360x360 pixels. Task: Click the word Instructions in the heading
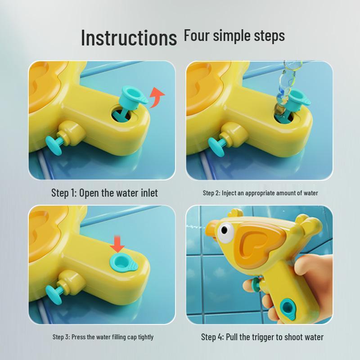click(129, 38)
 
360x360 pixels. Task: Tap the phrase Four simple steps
click(234, 36)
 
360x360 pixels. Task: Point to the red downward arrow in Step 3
click(117, 244)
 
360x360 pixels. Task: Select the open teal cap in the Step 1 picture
click(132, 96)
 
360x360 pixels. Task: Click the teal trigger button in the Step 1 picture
click(54, 145)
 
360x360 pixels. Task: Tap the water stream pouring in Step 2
click(287, 85)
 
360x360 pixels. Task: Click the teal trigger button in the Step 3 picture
click(54, 294)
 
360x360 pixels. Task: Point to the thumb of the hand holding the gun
click(315, 267)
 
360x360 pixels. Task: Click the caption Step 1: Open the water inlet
click(104, 193)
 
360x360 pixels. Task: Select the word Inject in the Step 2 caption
click(229, 193)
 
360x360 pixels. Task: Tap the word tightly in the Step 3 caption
click(145, 337)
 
